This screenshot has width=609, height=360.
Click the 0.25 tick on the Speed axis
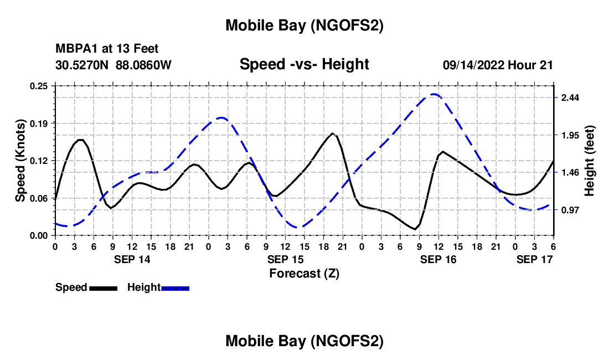coord(39,86)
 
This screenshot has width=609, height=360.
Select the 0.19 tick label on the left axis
coord(39,123)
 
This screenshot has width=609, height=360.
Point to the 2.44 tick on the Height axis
coord(570,98)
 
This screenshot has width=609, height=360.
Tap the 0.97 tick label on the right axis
coord(570,210)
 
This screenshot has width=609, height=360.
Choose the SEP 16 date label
coord(438,259)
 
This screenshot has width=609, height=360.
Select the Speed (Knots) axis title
coord(20,161)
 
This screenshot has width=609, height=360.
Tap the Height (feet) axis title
coord(590,161)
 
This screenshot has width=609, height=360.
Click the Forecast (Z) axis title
coord(304,273)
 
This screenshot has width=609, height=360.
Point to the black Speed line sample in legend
coord(103,288)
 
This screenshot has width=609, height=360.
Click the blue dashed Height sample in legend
coord(175,288)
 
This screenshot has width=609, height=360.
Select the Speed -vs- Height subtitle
coord(304,64)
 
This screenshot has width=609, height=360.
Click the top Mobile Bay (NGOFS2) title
coord(304,25)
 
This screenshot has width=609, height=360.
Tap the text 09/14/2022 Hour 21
coord(498,65)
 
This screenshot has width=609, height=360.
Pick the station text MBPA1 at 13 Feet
coord(107,49)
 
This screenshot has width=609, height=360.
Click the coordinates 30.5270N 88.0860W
coord(113,65)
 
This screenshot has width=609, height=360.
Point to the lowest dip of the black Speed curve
coord(415,229)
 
